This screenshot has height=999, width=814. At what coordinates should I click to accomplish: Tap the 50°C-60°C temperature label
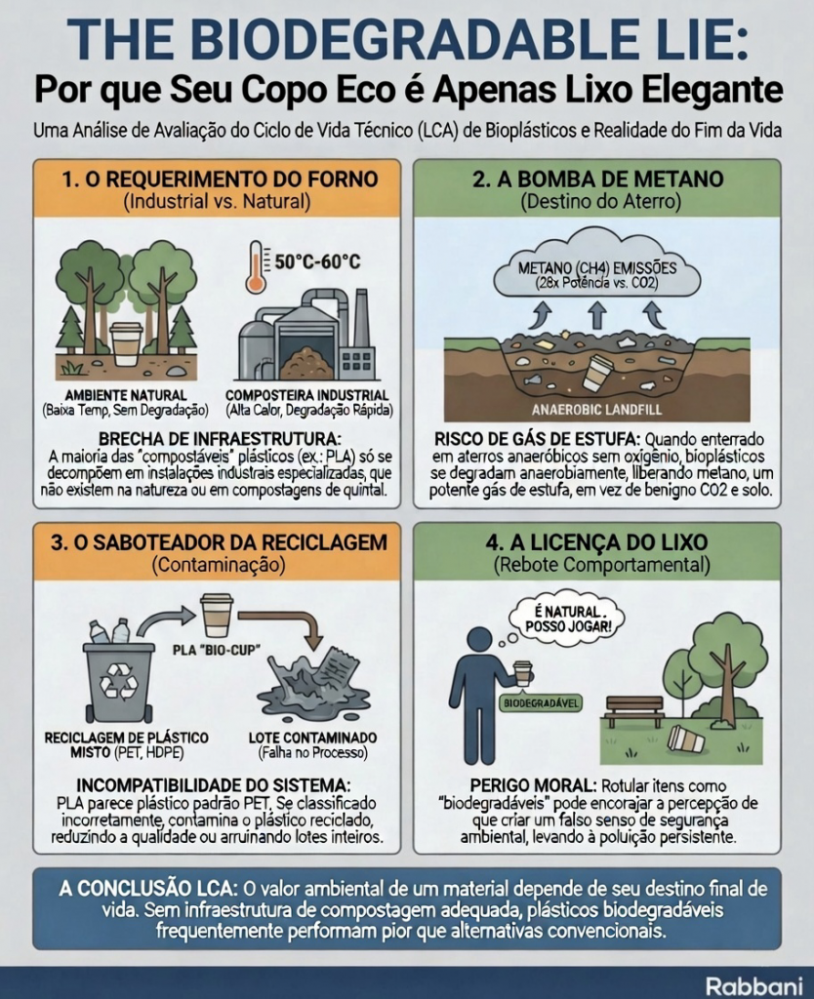317,261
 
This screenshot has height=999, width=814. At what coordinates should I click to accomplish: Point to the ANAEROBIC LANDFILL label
596,410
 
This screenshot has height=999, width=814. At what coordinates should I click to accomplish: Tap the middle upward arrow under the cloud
596,315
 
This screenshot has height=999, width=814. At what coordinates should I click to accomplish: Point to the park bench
634,711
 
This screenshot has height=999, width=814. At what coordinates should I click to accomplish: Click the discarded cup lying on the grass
685,739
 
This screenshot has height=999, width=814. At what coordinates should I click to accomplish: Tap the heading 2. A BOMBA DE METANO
598,180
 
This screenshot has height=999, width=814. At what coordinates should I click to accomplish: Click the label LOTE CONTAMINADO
313,738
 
